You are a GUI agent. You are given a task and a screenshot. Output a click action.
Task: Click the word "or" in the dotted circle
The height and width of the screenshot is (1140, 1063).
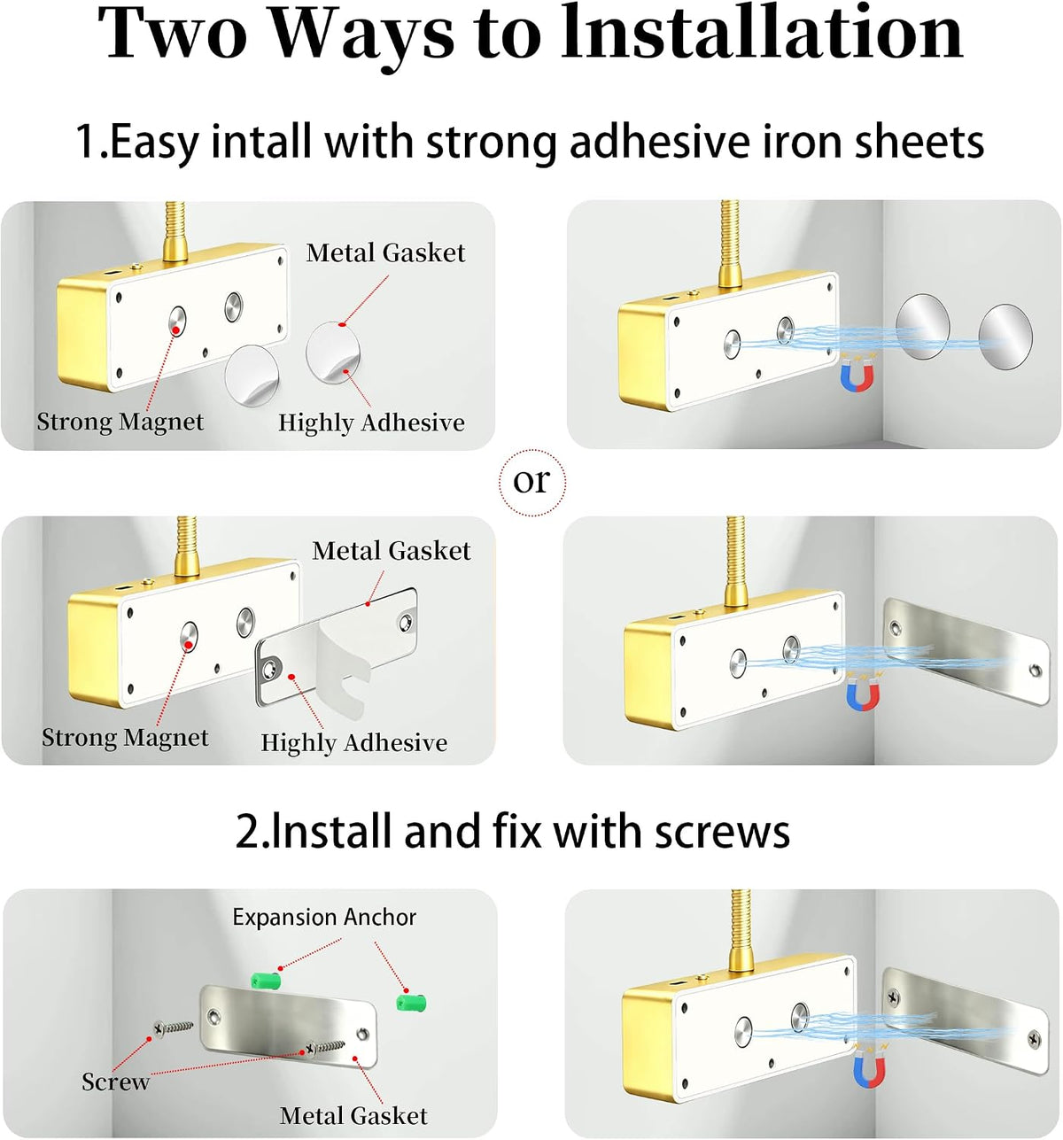531,481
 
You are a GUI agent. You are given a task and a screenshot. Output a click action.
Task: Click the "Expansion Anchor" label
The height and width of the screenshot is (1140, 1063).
324,917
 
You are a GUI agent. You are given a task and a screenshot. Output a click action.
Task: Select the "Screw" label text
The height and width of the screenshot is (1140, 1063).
115,1082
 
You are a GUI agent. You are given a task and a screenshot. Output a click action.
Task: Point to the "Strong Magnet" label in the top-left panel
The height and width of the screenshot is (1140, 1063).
120,422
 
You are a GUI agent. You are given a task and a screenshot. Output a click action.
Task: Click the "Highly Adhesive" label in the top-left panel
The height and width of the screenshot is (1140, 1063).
371,423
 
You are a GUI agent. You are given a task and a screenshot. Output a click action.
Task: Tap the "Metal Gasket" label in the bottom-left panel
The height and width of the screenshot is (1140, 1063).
353,1115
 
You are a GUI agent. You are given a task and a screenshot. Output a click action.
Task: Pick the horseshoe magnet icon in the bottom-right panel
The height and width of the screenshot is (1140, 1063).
869,1066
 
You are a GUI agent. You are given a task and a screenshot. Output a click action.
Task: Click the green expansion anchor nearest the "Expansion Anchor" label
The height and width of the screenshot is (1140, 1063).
266,980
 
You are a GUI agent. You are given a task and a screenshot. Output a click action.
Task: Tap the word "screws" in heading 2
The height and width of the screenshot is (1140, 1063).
722,832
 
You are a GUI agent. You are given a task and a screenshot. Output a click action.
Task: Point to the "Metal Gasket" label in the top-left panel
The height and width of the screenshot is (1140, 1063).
385,252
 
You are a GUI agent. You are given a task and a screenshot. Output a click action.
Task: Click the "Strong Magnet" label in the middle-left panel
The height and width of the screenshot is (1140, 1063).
125,737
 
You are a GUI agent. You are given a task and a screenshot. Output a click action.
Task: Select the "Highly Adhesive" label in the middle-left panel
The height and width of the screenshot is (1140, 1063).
353,742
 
